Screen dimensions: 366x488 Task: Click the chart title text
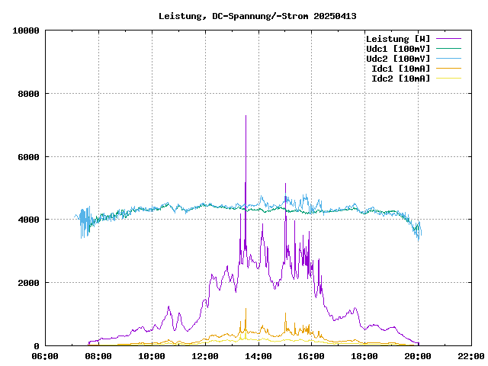coord(258,16)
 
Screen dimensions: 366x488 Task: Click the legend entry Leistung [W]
coord(397,39)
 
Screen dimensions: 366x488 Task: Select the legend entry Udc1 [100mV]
coord(397,49)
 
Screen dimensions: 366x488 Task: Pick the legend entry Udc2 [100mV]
coord(397,59)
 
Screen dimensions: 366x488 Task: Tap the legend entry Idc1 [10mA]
coord(400,69)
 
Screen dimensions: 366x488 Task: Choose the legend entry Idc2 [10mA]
coord(400,79)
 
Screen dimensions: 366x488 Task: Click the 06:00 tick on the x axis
coord(45,356)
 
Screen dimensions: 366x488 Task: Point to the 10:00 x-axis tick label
coord(152,356)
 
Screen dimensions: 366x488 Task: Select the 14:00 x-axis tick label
coord(258,356)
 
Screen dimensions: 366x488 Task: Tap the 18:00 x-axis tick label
coord(364,356)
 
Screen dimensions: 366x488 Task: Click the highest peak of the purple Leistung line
coord(246,116)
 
